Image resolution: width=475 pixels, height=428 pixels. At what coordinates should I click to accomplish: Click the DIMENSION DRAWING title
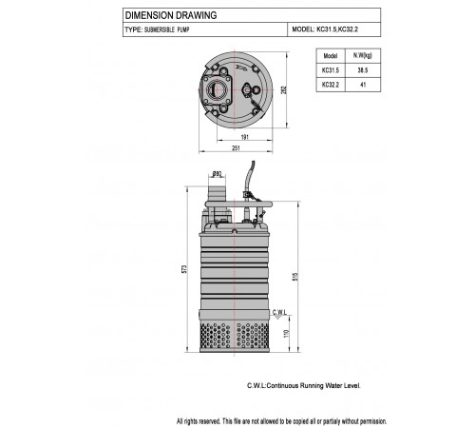[x=171, y=15]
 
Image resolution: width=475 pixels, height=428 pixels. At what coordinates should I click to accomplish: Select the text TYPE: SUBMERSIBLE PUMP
[x=157, y=29]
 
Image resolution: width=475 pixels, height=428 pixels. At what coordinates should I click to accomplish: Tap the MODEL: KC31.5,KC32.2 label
[x=325, y=29]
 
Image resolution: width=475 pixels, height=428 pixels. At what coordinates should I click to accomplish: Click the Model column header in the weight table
[x=331, y=56]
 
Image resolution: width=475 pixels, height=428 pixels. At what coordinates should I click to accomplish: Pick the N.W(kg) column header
[x=363, y=55]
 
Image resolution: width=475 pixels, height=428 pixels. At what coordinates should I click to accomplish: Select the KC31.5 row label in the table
[x=331, y=70]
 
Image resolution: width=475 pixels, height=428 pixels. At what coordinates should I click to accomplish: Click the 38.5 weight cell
[x=363, y=70]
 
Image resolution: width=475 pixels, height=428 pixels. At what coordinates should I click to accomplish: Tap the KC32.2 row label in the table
[x=331, y=85]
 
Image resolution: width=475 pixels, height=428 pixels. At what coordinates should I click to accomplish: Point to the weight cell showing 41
[x=363, y=85]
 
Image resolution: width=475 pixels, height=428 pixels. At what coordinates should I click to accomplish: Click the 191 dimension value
[x=245, y=137]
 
